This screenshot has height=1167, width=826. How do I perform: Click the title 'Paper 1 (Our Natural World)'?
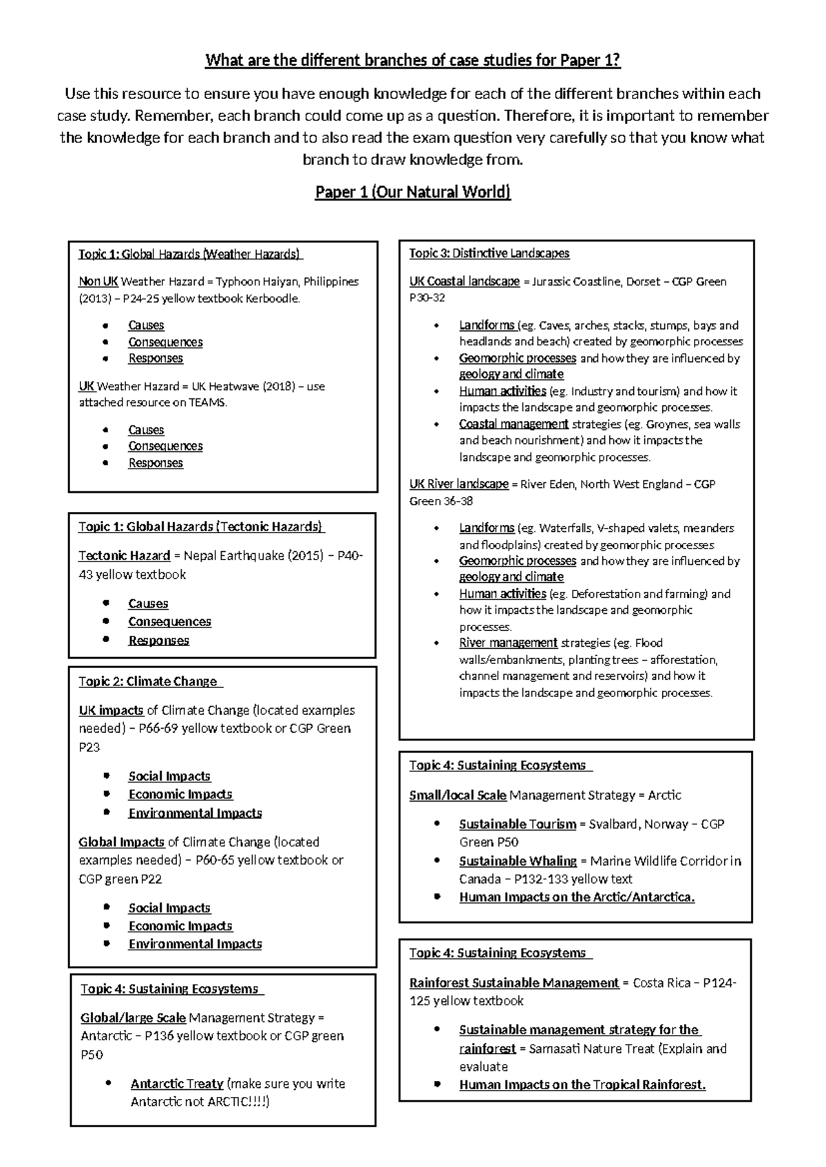coord(412,192)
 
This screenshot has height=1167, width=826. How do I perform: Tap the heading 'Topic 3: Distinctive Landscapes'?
coord(489,253)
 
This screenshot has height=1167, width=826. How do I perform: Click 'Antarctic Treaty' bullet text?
coord(177,1083)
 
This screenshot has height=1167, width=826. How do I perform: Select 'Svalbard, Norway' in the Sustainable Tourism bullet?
coord(634,824)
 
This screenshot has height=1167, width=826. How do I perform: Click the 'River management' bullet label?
coord(508,643)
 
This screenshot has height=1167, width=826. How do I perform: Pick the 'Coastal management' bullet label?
coord(513,424)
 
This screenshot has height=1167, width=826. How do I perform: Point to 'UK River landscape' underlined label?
coord(458,484)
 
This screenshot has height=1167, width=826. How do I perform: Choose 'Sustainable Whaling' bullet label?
coord(518,861)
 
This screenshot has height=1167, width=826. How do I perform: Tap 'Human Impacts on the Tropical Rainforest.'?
coord(582,1084)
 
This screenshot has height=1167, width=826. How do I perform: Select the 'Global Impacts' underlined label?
coord(121,842)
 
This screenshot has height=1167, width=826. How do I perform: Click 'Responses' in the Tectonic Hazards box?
coord(158,641)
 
